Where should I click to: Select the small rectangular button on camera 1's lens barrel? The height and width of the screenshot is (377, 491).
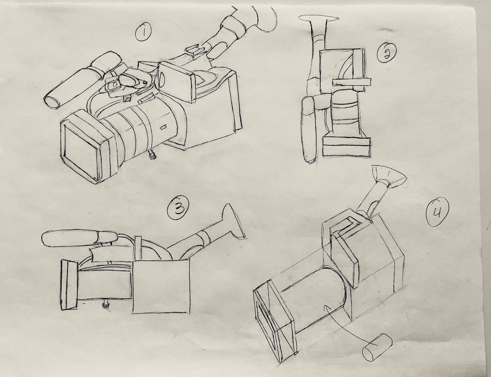click(163, 127)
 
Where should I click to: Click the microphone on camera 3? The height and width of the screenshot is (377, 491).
click(80, 239)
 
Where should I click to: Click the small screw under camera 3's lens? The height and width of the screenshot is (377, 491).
click(105, 304)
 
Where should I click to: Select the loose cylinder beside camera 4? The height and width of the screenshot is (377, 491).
click(377, 347)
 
